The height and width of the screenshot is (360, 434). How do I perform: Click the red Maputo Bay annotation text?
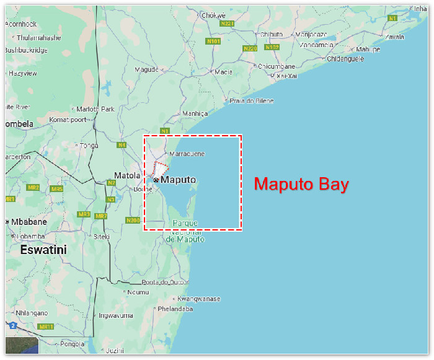tap(301, 184)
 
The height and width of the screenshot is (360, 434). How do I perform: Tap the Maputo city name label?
tap(179, 180)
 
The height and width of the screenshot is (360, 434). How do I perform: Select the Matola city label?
tap(127, 175)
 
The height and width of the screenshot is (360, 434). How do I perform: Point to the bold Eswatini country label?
tap(43, 250)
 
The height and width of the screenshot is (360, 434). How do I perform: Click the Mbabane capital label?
tap(28, 222)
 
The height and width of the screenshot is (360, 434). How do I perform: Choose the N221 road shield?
tap(228, 24)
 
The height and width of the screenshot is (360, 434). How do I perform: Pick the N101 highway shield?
tap(213, 42)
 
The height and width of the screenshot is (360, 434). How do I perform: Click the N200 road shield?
tap(133, 220)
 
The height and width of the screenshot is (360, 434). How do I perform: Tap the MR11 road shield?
tap(45, 327)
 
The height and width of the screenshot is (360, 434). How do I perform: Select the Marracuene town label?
tap(187, 153)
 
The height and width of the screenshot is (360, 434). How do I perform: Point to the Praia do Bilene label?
tap(252, 100)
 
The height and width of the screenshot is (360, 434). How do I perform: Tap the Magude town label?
tap(147, 69)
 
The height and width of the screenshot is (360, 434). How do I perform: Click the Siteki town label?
tap(100, 236)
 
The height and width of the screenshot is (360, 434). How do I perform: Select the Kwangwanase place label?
tap(199, 299)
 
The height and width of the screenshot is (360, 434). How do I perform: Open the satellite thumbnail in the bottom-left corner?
tap(22, 346)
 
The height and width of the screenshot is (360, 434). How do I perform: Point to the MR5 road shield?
tap(56, 188)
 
